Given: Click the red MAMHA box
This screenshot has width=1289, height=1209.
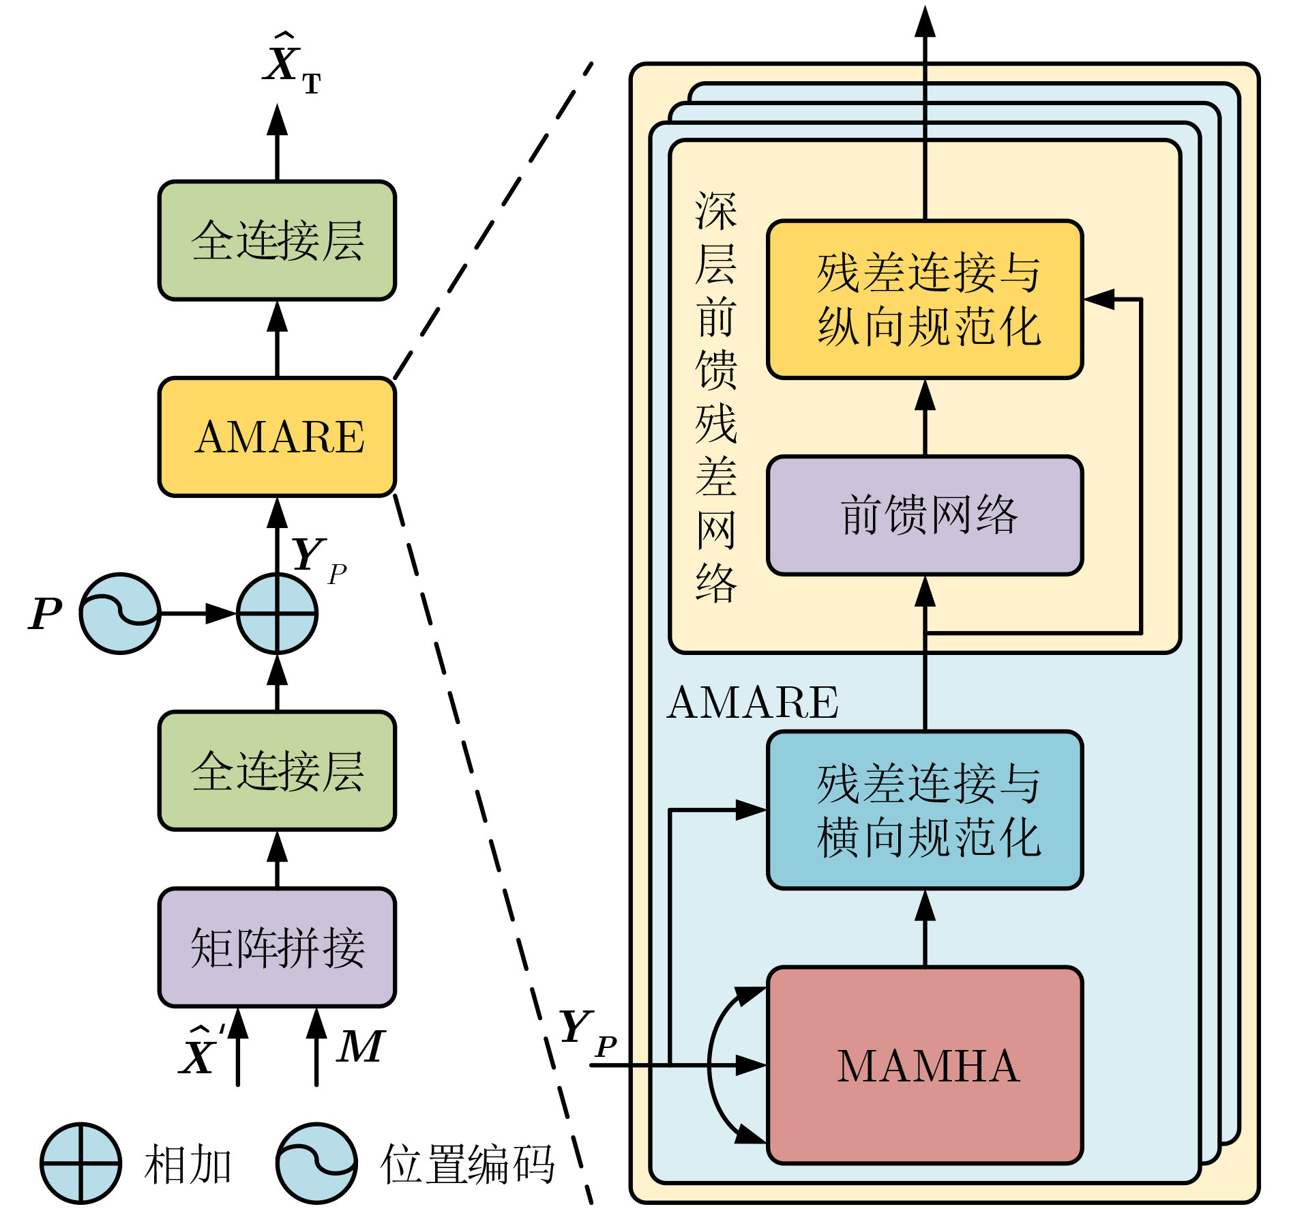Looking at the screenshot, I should pyautogui.click(x=925, y=1064).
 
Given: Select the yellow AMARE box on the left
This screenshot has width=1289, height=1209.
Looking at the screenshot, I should pyautogui.click(x=277, y=437).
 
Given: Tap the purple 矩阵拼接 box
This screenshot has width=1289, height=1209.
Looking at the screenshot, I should pyautogui.click(x=277, y=947).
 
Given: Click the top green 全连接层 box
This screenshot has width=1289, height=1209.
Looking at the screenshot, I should pyautogui.click(x=277, y=240).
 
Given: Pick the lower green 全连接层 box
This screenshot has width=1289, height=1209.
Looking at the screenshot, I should pyautogui.click(x=277, y=771).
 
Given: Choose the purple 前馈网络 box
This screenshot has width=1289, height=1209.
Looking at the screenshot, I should pyautogui.click(x=925, y=515).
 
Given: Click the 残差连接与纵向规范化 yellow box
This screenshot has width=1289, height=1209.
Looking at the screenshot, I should pyautogui.click(x=925, y=299).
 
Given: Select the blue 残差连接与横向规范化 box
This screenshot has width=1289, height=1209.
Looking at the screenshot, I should pyautogui.click(x=925, y=810).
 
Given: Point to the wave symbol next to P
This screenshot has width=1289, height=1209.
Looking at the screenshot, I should pyautogui.click(x=120, y=613).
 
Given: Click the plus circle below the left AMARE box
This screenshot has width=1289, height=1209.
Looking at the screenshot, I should pyautogui.click(x=277, y=613).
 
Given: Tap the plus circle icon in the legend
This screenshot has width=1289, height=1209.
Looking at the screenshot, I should pyautogui.click(x=80, y=1163).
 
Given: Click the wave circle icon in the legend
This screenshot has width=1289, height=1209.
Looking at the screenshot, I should pyautogui.click(x=316, y=1163).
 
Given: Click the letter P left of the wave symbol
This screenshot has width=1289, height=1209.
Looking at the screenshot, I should pyautogui.click(x=45, y=613).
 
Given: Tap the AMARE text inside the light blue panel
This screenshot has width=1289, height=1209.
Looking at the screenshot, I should pyautogui.click(x=753, y=702).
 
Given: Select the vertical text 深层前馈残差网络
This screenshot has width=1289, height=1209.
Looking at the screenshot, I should pyautogui.click(x=715, y=396).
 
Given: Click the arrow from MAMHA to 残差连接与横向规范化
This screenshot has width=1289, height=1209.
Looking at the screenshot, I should pyautogui.click(x=925, y=928).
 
